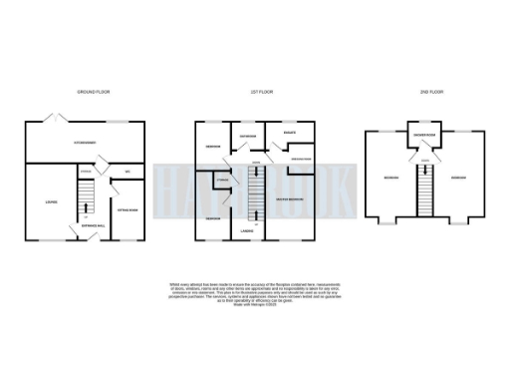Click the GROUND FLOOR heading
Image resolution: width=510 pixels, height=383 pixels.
coord(94,92)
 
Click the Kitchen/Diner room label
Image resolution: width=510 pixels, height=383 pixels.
coord(86,143)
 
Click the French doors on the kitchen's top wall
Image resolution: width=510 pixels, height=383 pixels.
coord(62,121)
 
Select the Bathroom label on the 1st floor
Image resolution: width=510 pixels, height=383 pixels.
coord(248,137)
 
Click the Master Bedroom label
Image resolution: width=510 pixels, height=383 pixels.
coord(291,199)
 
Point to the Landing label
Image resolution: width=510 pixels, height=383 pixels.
coord(246,231)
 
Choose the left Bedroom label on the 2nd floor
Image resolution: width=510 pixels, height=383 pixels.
coord(390,180)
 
